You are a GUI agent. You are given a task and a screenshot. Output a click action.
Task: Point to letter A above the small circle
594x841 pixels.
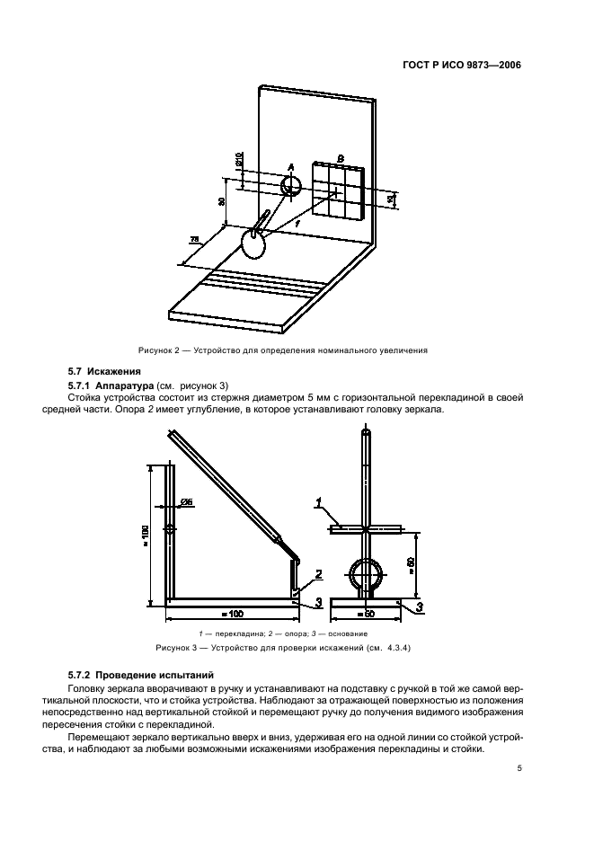(291, 167)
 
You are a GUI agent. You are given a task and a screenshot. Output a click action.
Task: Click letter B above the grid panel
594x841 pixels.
(340, 158)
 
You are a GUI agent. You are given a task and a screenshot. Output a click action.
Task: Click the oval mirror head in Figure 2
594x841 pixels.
(253, 243)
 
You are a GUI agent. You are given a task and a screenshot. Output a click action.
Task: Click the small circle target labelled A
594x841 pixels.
(291, 186)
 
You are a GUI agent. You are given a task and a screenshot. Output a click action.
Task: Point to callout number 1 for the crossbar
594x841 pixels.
(319, 509)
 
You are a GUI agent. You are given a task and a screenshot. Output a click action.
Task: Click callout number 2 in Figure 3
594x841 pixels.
(318, 573)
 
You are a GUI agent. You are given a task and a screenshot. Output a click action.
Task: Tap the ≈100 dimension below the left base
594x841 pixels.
(232, 614)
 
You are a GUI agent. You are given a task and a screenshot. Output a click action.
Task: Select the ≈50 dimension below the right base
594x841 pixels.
(365, 614)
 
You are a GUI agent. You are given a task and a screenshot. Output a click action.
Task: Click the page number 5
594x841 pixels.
(520, 769)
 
